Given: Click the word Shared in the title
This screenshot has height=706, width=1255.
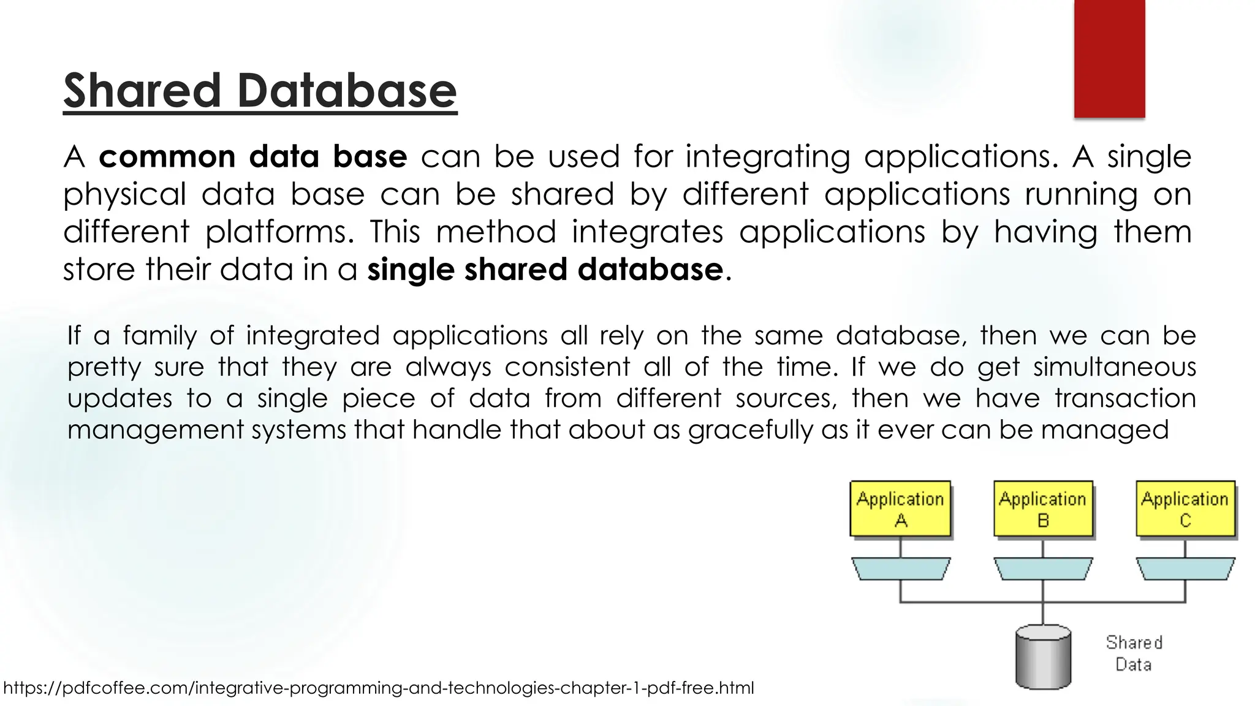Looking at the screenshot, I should tap(142, 91).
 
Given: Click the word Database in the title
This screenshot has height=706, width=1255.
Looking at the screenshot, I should tap(347, 91).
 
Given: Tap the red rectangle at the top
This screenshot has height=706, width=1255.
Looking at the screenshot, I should tap(1109, 59).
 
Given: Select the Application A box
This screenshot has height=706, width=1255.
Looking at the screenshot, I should tap(900, 509).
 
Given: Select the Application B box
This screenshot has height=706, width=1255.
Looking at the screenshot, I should tap(1043, 509).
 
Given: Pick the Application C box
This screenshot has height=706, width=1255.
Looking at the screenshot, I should tap(1185, 509).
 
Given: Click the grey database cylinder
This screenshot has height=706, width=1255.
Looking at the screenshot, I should tap(1043, 656).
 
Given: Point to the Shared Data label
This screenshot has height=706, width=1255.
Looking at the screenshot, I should tap(1134, 653).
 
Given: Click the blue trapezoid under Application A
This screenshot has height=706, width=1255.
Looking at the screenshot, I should tap(900, 569).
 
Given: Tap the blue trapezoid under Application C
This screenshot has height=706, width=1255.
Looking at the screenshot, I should tap(1185, 569).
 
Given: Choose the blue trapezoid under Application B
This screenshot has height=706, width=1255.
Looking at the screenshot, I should tap(1043, 569).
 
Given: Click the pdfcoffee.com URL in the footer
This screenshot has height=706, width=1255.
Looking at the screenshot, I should tap(379, 688).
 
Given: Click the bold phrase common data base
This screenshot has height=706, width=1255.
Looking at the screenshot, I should tap(252, 157).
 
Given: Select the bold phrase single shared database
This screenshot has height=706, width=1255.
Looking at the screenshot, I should tap(545, 270).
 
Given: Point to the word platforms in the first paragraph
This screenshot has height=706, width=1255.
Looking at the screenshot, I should tap(279, 232).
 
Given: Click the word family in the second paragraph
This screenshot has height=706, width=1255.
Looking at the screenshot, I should tap(159, 336).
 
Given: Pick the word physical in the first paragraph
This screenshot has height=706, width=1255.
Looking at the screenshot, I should tap(124, 195).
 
